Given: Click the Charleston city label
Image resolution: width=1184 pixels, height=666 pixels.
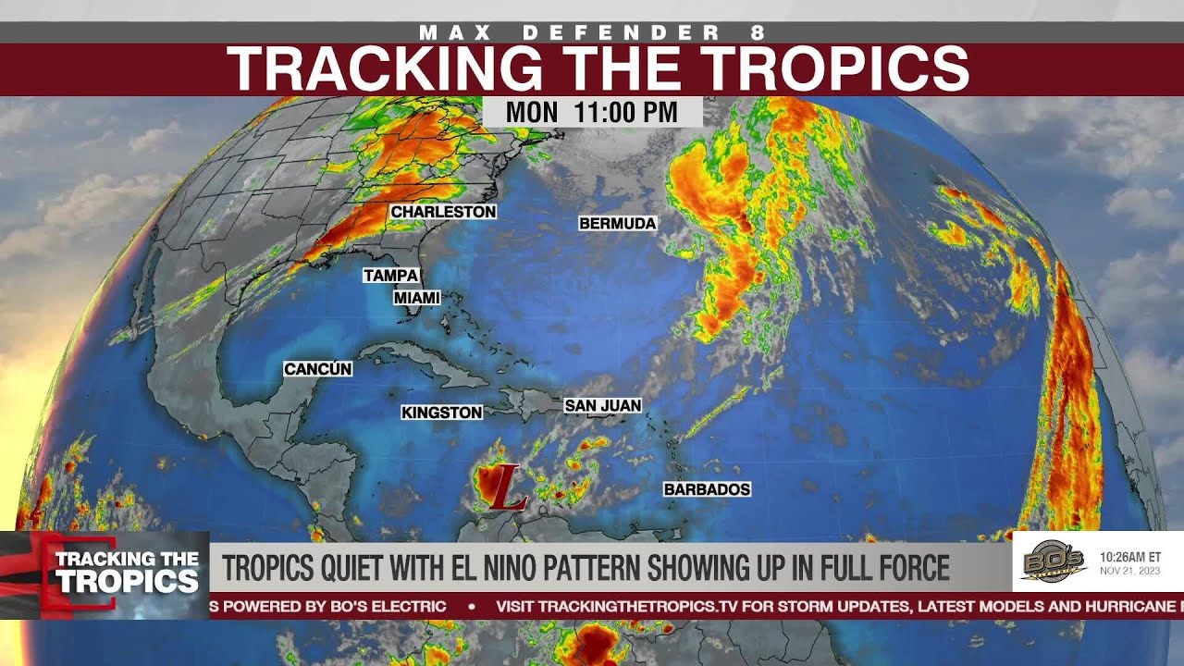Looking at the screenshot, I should pos(443,212).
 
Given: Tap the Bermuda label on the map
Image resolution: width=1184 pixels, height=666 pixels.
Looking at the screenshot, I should pos(617,223).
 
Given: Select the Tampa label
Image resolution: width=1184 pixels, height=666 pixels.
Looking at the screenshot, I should pos(390,275).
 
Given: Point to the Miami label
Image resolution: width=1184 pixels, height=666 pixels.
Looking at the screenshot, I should pos(416,298).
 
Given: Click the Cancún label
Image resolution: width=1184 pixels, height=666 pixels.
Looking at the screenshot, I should pos(317,369).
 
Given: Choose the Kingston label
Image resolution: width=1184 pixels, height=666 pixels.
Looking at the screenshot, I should pos(441,413).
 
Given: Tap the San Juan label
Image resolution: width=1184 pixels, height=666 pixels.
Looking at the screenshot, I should pos(602,405).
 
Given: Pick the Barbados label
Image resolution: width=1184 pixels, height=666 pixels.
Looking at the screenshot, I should pos(707,488).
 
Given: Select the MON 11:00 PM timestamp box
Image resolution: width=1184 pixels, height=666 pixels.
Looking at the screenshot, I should pos(592,113).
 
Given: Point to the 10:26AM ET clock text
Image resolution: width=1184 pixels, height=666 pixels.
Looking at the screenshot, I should pos(1129,558).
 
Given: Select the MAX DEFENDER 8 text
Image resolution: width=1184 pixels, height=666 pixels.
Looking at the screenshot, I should pos(592,32).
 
